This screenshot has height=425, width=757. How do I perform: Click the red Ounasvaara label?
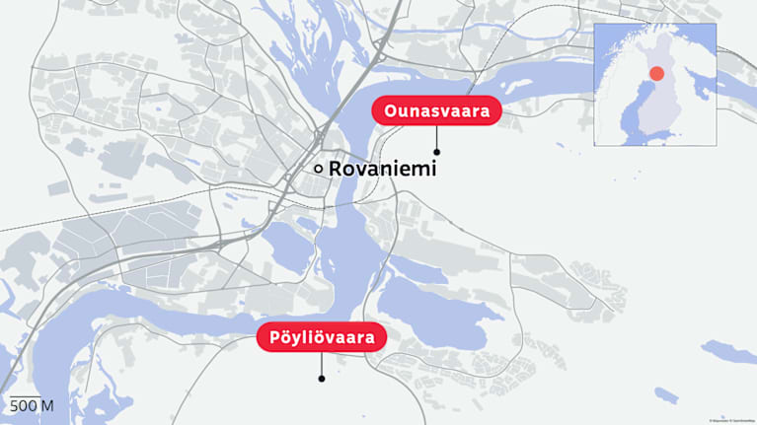tap(436, 111)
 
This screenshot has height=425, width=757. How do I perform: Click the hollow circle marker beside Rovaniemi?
tap(318, 169)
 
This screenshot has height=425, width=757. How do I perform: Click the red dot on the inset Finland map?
tap(656, 74)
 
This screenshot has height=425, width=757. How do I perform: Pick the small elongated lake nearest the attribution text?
tap(667, 394)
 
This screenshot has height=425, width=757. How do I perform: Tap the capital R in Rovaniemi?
tap(336, 169)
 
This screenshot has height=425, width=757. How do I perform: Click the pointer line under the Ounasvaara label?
tap(436, 137)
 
